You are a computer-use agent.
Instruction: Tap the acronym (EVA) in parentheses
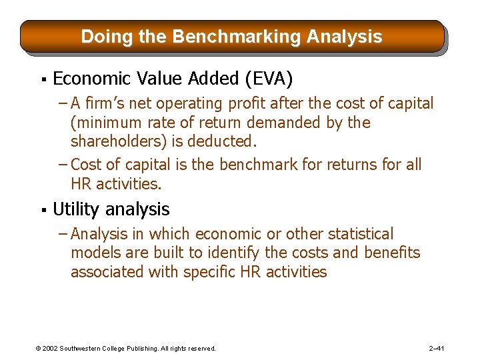pos(269,79)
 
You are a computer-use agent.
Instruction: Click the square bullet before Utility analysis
pos(42,211)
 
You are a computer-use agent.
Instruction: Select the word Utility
pos(75,210)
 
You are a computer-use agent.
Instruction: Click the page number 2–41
pos(437,348)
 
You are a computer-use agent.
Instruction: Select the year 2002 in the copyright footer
pos(51,348)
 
